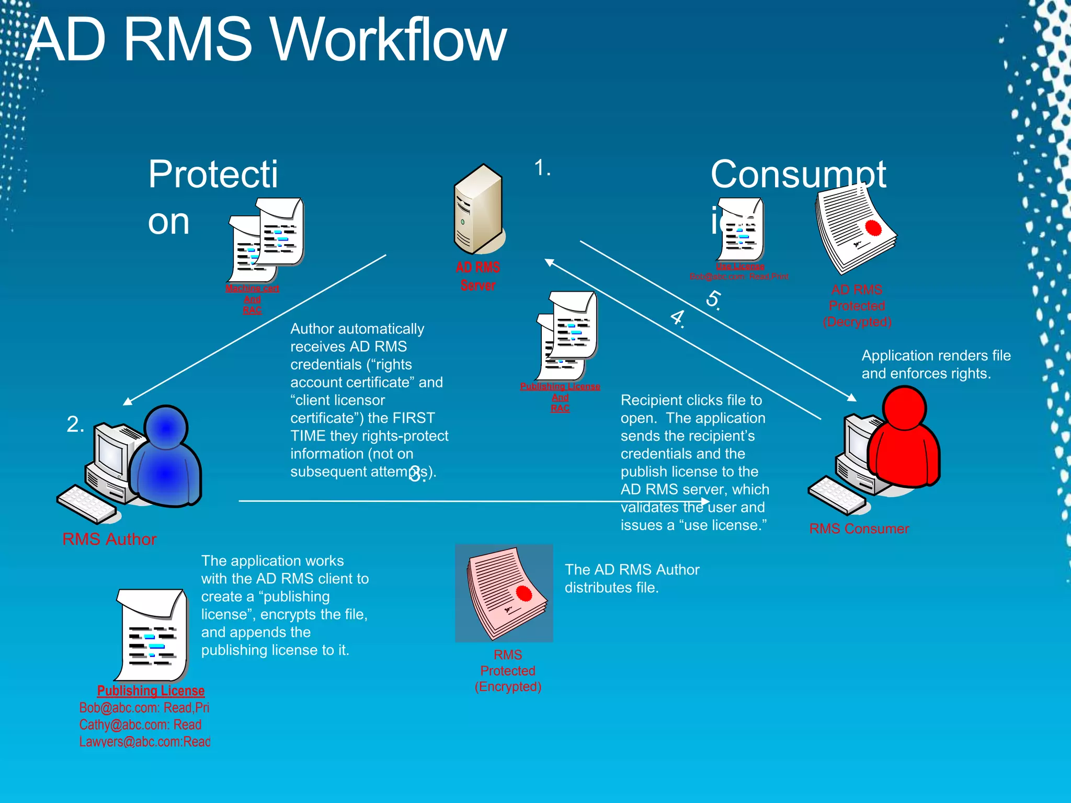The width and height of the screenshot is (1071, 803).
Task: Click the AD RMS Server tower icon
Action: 478,209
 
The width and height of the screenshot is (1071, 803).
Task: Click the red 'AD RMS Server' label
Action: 478,277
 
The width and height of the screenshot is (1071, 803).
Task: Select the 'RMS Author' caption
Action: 109,539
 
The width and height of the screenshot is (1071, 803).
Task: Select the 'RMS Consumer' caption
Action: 859,529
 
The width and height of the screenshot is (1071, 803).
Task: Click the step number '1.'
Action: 542,168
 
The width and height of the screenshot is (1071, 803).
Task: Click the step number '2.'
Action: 75,424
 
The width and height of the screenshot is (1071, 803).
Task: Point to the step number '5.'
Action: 714,300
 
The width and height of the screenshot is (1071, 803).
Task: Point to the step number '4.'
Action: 678,317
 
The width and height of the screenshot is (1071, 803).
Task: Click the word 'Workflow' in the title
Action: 389,40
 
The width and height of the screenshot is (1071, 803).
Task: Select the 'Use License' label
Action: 740,266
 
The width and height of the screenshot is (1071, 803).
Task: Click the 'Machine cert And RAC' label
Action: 252,299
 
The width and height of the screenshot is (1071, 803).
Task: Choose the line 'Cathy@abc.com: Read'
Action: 140,725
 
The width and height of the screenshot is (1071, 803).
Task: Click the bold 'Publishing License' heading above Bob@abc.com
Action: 151,691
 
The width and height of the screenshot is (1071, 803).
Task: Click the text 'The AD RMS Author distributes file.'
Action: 632,578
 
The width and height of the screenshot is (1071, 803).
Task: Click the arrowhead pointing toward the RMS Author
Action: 127,401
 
